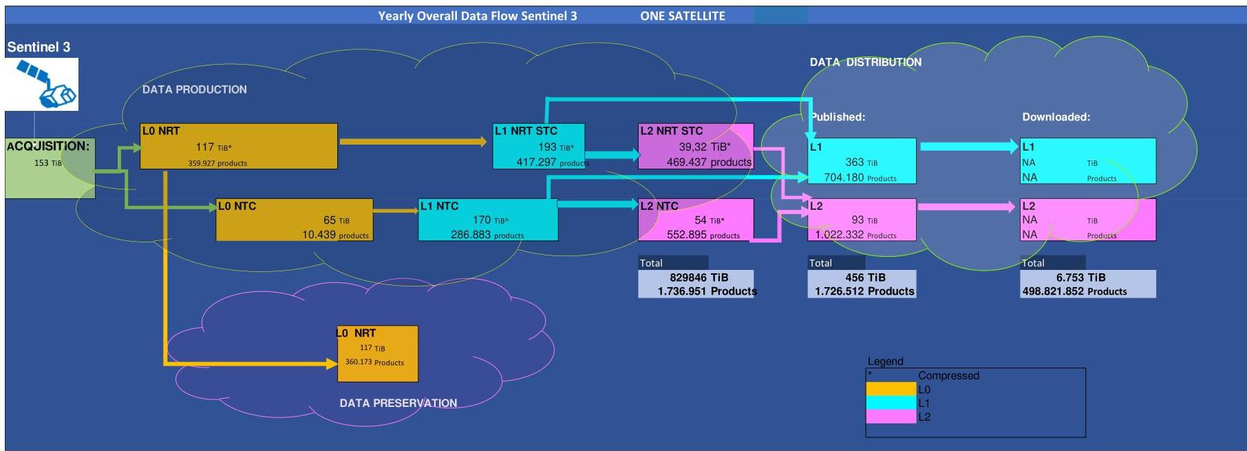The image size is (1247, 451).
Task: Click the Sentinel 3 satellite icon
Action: click(x=41, y=84)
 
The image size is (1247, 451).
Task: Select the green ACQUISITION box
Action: click(x=50, y=168)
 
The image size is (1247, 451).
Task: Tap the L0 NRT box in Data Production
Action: click(x=239, y=146)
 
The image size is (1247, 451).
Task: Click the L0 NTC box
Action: click(x=295, y=220)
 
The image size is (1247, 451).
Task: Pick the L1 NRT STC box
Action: click(x=539, y=146)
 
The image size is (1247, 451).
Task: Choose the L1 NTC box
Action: click(x=488, y=220)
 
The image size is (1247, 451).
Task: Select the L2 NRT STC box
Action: click(x=696, y=146)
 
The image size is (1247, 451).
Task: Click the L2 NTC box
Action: click(x=696, y=220)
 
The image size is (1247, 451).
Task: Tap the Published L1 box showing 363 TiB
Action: click(x=862, y=161)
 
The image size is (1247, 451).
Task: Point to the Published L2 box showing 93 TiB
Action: click(x=862, y=220)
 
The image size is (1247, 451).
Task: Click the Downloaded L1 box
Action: click(x=1088, y=161)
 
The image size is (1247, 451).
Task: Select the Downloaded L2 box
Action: click(x=1088, y=220)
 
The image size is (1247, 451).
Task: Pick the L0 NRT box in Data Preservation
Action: click(x=378, y=354)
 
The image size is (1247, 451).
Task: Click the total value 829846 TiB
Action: click(x=699, y=277)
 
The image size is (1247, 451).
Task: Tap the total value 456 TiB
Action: click(x=865, y=277)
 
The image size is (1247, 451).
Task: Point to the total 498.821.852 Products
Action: click(x=1074, y=291)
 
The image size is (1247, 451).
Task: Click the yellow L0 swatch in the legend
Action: click(x=891, y=390)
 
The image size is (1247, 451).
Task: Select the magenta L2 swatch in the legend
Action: click(x=891, y=417)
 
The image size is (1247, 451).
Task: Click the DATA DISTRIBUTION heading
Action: click(x=866, y=62)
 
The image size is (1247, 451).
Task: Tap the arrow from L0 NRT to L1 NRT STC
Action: click(x=414, y=142)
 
